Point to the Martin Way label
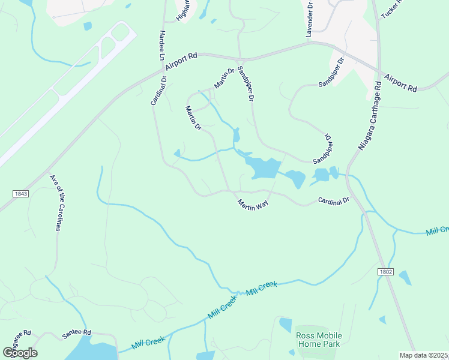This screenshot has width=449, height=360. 253,204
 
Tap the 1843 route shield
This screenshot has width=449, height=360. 20,193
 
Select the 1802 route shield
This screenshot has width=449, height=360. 385,272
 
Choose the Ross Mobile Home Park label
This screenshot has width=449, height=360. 318,340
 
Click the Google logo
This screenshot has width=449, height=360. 20,353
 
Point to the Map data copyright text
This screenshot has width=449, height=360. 424,355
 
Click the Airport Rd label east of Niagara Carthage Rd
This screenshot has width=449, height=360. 400,82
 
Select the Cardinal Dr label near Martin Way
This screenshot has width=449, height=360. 334,200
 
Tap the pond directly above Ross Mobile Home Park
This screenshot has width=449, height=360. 285,325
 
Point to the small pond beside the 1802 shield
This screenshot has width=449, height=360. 405,277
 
